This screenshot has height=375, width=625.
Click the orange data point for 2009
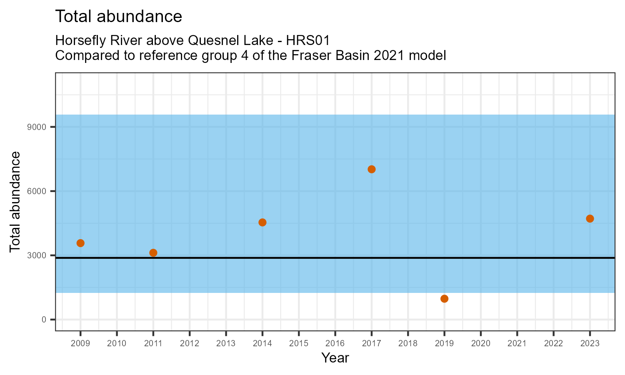click(x=80, y=243)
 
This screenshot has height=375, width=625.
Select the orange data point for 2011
click(x=153, y=252)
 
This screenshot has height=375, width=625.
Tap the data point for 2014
click(x=262, y=222)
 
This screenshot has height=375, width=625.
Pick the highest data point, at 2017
click(x=372, y=169)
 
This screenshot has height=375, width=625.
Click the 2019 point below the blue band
click(x=444, y=298)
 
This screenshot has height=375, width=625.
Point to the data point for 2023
click(x=590, y=218)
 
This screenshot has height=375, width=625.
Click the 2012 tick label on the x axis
click(x=190, y=344)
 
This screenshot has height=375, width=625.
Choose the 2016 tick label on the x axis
click(x=335, y=344)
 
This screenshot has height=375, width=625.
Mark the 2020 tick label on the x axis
click(x=480, y=344)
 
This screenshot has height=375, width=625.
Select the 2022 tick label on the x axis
click(x=553, y=344)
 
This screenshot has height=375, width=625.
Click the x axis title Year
click(x=335, y=358)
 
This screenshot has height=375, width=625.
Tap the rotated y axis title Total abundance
click(x=15, y=202)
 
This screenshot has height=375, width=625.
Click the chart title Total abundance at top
click(x=119, y=17)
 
